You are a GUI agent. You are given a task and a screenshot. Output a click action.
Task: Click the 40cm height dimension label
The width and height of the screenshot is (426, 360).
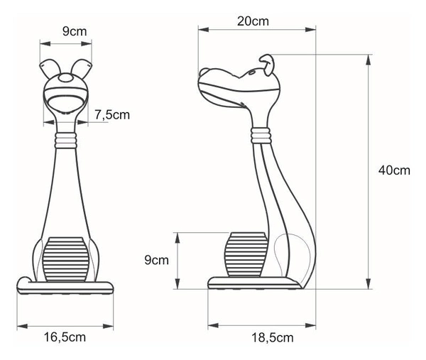[394, 170]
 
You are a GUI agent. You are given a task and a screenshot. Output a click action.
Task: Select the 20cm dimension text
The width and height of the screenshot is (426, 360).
[253, 21]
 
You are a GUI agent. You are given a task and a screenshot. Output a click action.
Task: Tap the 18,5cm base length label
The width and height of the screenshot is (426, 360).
[273, 337]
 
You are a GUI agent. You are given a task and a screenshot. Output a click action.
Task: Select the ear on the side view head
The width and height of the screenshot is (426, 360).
[268, 63]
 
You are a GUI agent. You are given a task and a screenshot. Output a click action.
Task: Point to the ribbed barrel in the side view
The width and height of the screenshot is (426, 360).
[245, 254]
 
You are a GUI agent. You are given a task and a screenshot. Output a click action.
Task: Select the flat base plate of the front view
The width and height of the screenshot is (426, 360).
[65, 287]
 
